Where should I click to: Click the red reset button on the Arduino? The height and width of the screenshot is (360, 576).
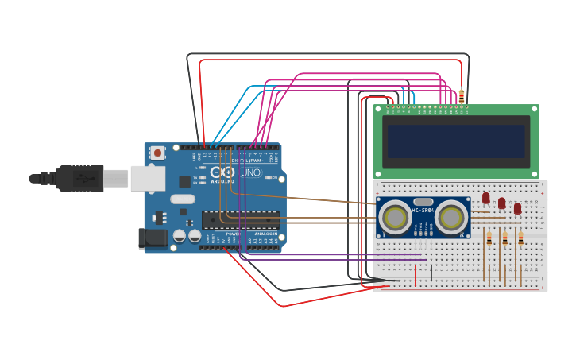(158, 153)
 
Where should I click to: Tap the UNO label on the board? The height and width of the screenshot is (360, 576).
(250, 172)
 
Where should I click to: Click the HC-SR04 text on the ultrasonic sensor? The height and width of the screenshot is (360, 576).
(423, 210)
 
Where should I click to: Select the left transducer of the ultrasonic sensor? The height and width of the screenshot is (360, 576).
(395, 217)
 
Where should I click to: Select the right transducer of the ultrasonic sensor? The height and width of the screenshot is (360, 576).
(450, 217)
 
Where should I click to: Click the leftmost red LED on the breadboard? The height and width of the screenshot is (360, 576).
(486, 198)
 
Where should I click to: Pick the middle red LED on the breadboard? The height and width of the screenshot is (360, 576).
(501, 203)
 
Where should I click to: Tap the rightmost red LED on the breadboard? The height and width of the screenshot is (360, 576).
(517, 208)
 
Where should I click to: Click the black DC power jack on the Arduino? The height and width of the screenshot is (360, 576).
(153, 238)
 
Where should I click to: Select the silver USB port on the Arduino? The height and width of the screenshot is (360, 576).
(148, 178)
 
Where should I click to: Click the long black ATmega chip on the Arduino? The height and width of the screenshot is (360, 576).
(240, 219)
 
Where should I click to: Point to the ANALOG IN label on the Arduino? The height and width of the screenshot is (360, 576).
(265, 234)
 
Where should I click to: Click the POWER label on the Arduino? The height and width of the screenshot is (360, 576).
(233, 234)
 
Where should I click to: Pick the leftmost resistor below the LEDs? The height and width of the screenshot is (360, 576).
(489, 238)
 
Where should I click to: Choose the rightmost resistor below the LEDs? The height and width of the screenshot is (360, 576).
(520, 238)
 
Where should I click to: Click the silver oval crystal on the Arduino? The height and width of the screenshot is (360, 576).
(182, 199)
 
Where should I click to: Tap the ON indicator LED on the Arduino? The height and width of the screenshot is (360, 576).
(271, 178)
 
